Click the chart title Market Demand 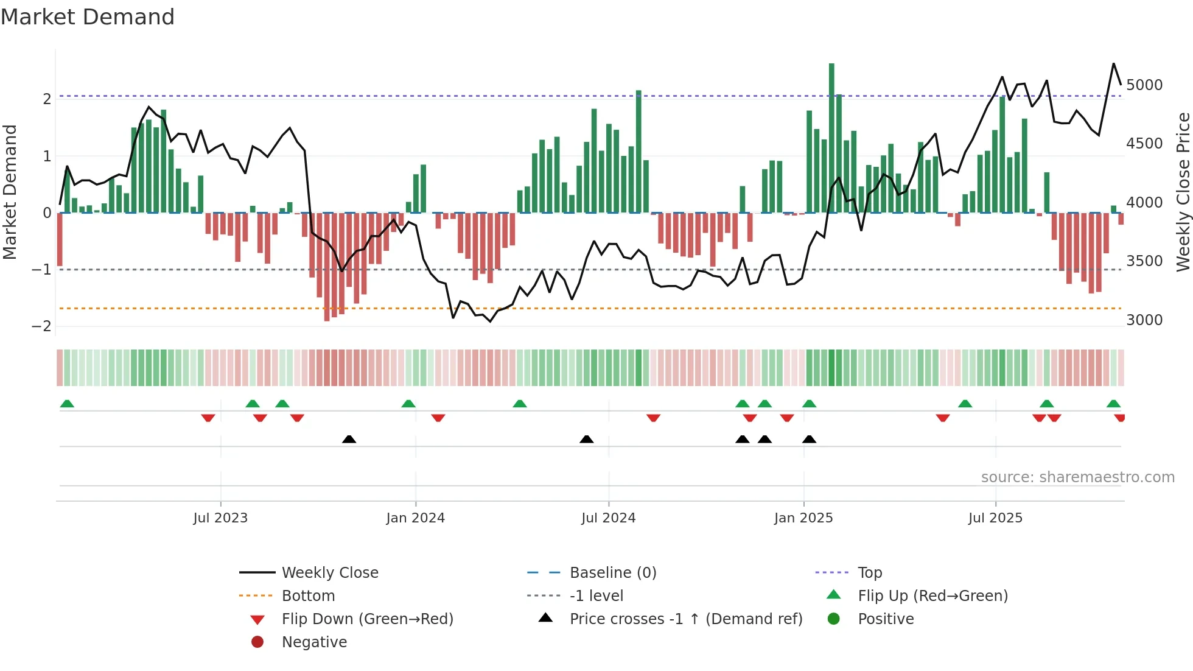pyautogui.click(x=88, y=17)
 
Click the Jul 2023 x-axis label pyautogui.click(x=220, y=518)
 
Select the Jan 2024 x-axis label pyautogui.click(x=415, y=518)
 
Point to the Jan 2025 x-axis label pyautogui.click(x=803, y=518)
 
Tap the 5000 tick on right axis pyautogui.click(x=1144, y=85)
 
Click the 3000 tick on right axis pyautogui.click(x=1144, y=320)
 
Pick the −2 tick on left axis pyautogui.click(x=41, y=326)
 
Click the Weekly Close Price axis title pyautogui.click(x=1183, y=192)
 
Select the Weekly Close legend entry pyautogui.click(x=330, y=573)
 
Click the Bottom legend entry pyautogui.click(x=308, y=596)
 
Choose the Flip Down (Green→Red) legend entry pyautogui.click(x=367, y=619)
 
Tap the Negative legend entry pyautogui.click(x=314, y=642)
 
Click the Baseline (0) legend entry pyautogui.click(x=613, y=573)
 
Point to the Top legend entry pyautogui.click(x=870, y=573)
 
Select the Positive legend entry pyautogui.click(x=886, y=619)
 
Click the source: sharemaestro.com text pyautogui.click(x=1077, y=477)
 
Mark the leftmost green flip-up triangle pyautogui.click(x=67, y=404)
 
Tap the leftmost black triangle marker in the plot pyautogui.click(x=349, y=439)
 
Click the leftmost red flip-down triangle pyautogui.click(x=208, y=418)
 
